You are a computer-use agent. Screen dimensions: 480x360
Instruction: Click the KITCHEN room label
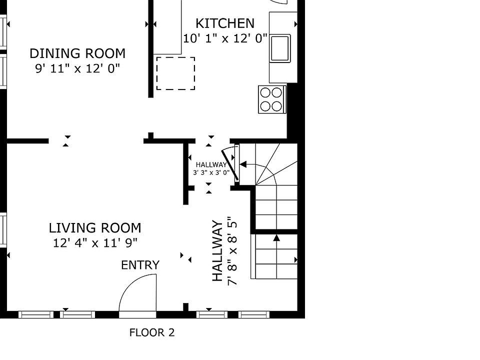(x=224, y=23)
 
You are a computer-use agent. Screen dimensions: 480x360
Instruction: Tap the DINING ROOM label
(x=77, y=53)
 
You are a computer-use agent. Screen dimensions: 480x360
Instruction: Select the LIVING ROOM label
(x=95, y=228)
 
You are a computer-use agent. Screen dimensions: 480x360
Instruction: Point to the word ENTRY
(x=140, y=265)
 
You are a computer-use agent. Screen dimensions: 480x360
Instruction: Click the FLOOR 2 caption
(x=152, y=332)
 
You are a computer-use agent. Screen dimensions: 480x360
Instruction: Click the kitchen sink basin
(x=280, y=48)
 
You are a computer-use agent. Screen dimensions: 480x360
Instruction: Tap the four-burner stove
(x=272, y=99)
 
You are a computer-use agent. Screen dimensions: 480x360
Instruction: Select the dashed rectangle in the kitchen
(x=175, y=73)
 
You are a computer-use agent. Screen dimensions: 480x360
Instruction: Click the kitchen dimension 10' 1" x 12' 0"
(x=225, y=38)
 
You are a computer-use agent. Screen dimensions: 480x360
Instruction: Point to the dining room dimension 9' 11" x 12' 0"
(x=77, y=68)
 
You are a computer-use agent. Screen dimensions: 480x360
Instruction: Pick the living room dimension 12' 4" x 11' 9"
(x=95, y=243)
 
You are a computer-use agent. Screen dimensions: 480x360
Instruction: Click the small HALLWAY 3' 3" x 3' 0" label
(x=211, y=168)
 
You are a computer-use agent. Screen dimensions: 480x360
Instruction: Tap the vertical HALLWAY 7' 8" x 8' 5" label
(x=224, y=251)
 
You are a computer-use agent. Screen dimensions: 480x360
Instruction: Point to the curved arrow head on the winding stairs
(x=243, y=164)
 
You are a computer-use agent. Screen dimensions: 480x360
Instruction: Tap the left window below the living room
(x=36, y=314)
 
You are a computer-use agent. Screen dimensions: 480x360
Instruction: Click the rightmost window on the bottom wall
(x=254, y=314)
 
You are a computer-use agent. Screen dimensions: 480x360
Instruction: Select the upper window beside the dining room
(x=3, y=32)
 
